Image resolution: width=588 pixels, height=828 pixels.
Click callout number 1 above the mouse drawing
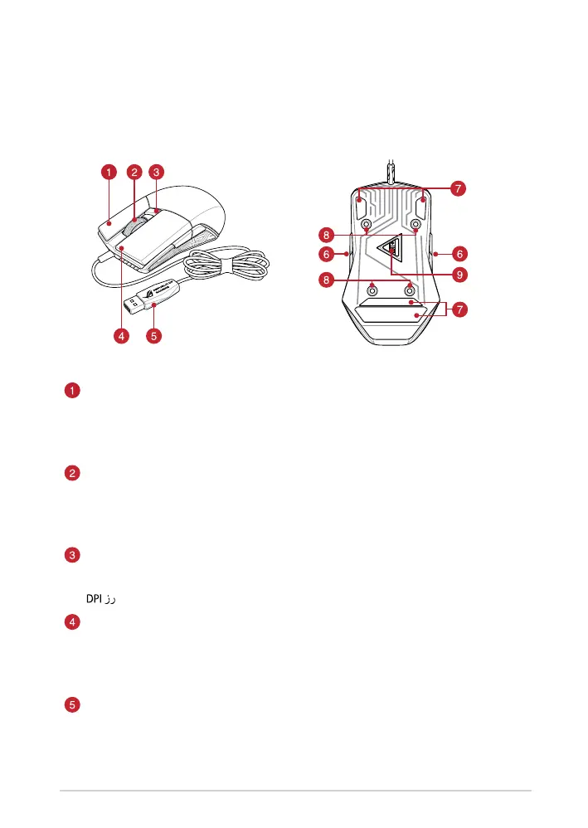pos(109,173)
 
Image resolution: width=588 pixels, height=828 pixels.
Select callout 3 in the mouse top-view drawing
pos(158,173)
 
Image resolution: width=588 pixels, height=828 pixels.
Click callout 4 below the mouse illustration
pos(124,337)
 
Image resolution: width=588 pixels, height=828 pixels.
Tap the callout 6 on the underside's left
pos(331,254)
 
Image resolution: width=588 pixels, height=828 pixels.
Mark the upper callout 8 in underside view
pos(331,235)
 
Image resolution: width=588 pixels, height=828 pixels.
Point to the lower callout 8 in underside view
pos(331,281)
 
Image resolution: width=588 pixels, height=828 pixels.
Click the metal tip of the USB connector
pos(130,302)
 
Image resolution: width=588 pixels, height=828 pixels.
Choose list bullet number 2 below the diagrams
pos(72,474)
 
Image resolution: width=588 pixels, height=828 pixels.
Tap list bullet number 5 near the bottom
pos(72,705)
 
